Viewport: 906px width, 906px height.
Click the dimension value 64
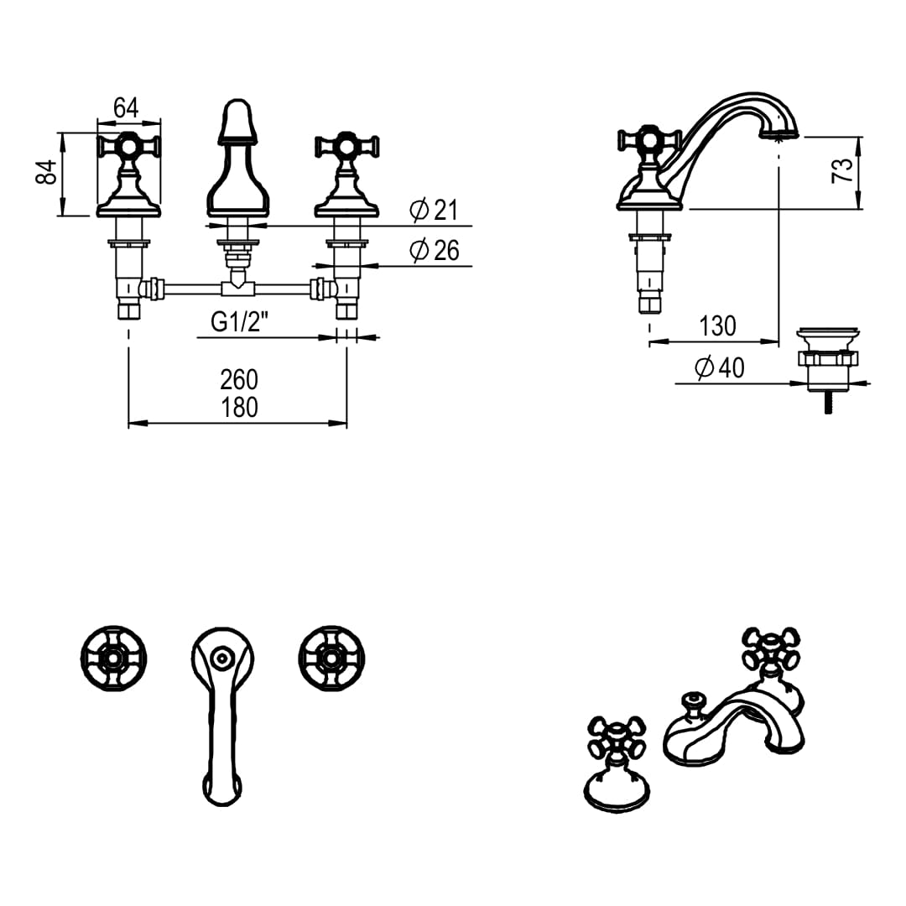click(126, 107)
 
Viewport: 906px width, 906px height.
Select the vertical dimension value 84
click(49, 174)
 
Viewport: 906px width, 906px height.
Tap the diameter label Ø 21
click(435, 210)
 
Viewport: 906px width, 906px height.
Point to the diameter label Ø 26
click(435, 250)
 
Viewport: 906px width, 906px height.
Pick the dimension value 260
click(239, 379)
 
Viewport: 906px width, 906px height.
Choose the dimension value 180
click(239, 408)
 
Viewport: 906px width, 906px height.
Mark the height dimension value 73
click(843, 170)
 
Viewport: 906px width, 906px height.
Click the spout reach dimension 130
click(717, 325)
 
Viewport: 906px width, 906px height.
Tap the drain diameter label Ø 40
click(719, 367)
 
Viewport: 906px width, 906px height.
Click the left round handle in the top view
click(113, 659)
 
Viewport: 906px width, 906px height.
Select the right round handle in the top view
click(331, 659)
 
